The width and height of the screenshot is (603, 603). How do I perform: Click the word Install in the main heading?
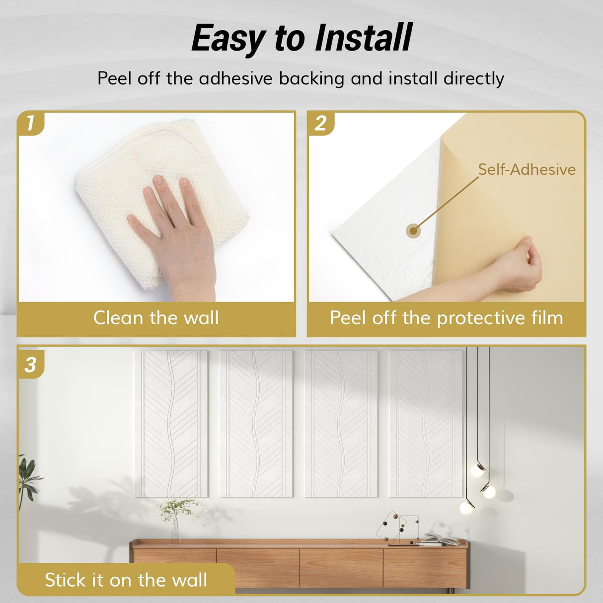(x=364, y=38)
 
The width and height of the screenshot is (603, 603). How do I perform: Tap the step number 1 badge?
(x=30, y=123)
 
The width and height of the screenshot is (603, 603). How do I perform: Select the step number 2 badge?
(x=320, y=123)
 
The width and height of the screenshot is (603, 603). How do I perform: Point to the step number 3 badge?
(x=31, y=365)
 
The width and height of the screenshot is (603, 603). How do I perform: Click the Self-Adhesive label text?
(x=527, y=169)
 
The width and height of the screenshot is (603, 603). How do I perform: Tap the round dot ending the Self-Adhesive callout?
(x=413, y=230)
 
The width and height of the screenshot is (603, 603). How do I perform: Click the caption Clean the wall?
(x=156, y=318)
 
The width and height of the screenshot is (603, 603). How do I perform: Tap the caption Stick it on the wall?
(x=126, y=580)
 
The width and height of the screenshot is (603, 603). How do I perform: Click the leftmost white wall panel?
(x=171, y=423)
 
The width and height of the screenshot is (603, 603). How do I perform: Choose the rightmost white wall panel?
(x=426, y=423)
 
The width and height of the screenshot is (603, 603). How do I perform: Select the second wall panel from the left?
(x=256, y=423)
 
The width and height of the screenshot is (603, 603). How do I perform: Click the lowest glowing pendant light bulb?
(x=467, y=507)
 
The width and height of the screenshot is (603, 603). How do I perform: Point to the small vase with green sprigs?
(x=175, y=522)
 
